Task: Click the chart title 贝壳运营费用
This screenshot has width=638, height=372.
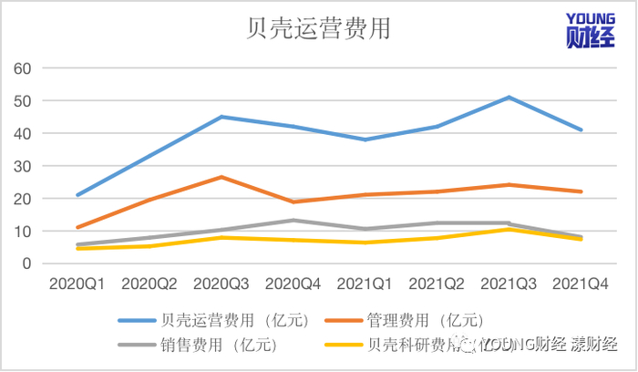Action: pos(319,29)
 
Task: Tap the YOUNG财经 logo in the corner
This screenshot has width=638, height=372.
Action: pos(591,30)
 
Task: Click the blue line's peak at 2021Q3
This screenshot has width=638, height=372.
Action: pos(508,98)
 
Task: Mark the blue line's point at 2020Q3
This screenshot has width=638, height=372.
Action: pos(221,117)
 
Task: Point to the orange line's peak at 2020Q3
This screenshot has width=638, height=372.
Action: pos(221,177)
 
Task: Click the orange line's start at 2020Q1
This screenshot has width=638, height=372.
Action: pos(77,227)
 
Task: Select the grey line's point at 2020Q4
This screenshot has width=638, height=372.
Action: pos(293,220)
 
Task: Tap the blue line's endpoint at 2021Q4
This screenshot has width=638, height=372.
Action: pos(581,130)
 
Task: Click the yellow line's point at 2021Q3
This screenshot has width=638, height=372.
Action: pos(508,229)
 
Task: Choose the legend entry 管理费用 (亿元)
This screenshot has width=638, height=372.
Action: pos(423,321)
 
